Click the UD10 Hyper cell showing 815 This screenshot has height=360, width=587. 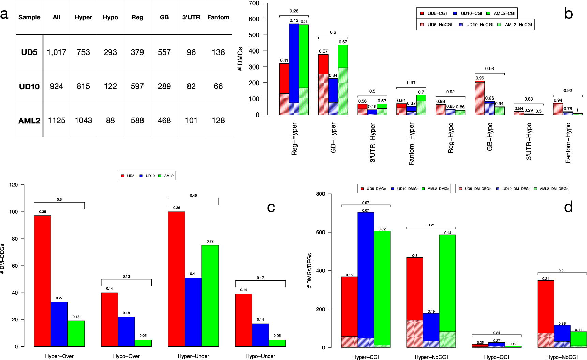[83, 86]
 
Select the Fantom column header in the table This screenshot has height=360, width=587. [218, 17]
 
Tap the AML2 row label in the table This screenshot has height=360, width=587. [29, 121]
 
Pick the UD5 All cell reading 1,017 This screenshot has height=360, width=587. [57, 52]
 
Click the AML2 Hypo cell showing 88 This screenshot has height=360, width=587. [110, 121]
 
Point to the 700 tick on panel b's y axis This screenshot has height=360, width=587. [254, 3]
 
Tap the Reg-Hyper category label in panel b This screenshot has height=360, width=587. [295, 139]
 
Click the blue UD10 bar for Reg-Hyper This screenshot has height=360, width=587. [294, 68]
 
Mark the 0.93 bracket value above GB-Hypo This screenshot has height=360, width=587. [490, 69]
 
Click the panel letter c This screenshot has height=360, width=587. [271, 207]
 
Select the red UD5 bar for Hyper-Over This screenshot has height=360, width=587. [43, 281]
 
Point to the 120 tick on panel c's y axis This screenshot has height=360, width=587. [14, 185]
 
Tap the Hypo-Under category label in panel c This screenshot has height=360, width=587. [260, 356]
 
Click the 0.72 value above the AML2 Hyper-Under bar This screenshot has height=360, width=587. [210, 241]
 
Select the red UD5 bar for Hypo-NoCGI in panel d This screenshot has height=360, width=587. [545, 307]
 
